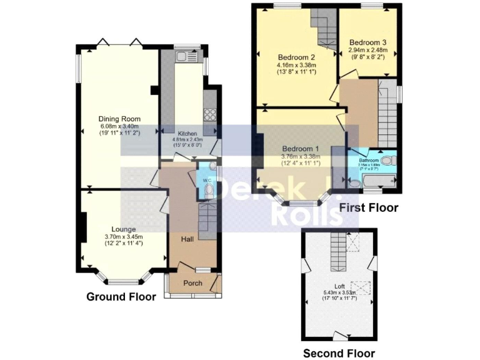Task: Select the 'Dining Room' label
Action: pos(119,119)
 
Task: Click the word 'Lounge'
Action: pos(124,229)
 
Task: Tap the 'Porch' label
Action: pos(192,283)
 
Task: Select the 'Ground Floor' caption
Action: pos(121,297)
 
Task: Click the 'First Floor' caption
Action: pos(368,207)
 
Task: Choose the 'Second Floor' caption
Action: pos(339,353)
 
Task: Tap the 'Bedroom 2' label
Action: pos(296,57)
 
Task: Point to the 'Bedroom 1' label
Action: pos(300,148)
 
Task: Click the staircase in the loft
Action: pos(337,250)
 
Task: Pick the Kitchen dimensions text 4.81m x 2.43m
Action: pos(187,139)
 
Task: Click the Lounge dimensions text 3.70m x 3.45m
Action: pos(124,237)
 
